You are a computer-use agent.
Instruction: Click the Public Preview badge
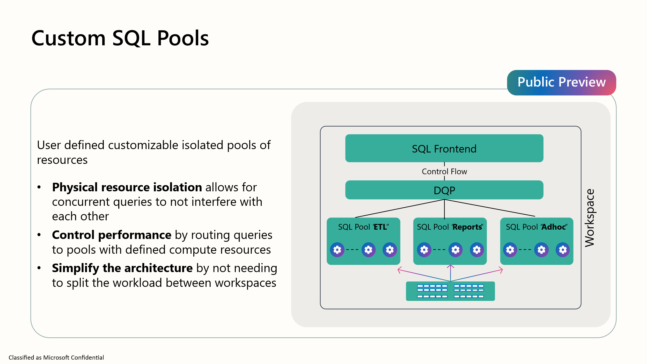tap(561, 82)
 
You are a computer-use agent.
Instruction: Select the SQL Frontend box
tap(444, 148)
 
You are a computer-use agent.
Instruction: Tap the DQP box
tap(444, 190)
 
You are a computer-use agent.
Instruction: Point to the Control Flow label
tap(444, 171)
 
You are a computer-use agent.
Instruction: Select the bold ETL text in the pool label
tap(380, 227)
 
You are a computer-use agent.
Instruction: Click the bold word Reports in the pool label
tap(467, 227)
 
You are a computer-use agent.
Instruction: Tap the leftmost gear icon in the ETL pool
tap(337, 250)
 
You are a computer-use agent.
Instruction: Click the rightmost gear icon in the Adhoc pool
tap(563, 250)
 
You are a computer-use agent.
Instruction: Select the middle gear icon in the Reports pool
tap(455, 250)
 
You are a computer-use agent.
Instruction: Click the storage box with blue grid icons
tap(450, 291)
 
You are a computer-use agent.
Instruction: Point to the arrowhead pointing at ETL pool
tap(399, 270)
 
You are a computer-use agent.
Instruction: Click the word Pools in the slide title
tap(183, 38)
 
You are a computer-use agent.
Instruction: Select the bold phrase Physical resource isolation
tap(127, 187)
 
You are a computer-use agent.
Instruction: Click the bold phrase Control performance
tap(112, 235)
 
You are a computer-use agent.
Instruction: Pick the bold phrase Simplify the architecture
tap(122, 268)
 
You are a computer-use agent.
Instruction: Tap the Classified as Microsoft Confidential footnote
tap(56, 358)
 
